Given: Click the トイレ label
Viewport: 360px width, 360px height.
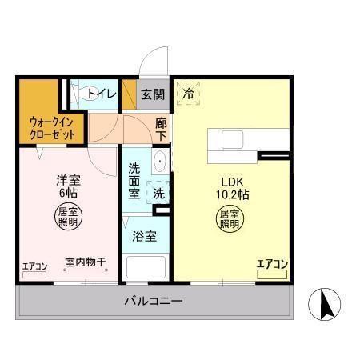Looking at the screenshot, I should click(x=102, y=94).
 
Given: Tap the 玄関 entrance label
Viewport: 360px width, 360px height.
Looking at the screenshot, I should click(x=153, y=94).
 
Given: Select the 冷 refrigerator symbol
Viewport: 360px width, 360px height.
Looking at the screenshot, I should click(x=189, y=94).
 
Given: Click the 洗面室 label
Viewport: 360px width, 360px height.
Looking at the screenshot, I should click(x=134, y=181).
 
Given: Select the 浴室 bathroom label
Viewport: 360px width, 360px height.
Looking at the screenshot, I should click(x=145, y=237).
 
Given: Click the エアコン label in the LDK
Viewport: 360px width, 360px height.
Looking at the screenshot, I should click(x=272, y=262).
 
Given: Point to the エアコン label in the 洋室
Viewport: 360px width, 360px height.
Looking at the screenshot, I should click(x=35, y=266).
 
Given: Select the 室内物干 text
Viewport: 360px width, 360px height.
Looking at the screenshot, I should click(x=86, y=262).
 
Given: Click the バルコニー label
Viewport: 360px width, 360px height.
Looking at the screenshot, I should click(x=153, y=302).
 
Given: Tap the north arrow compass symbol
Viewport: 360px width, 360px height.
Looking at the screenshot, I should click(x=327, y=304).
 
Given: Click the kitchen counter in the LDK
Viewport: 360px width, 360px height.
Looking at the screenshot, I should click(x=236, y=139).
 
